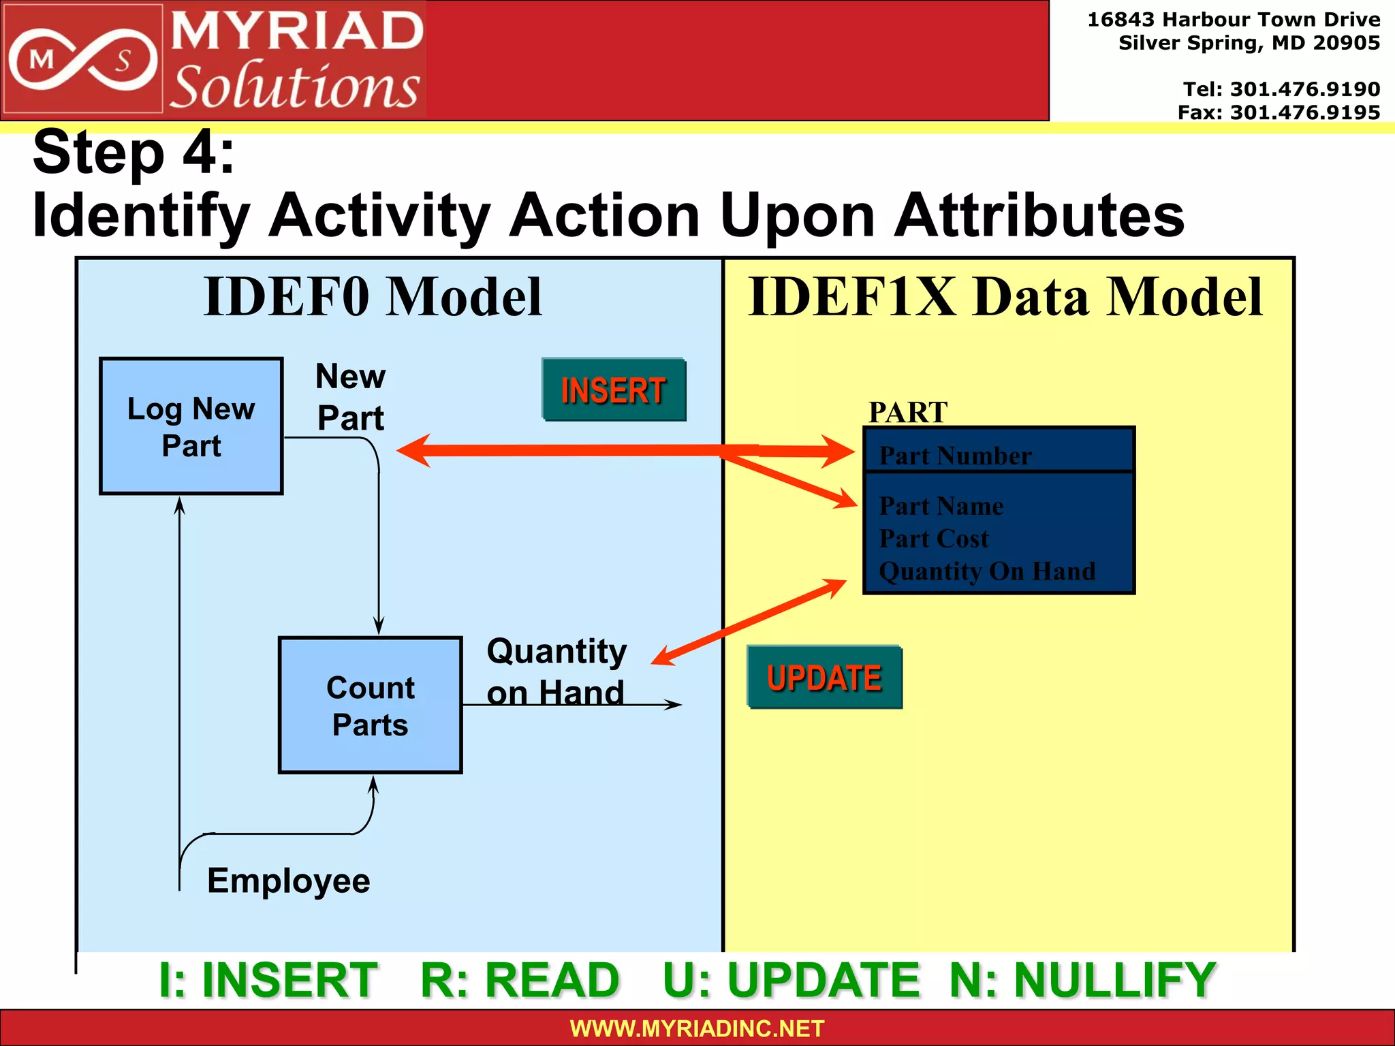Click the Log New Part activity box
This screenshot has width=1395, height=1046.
click(191, 426)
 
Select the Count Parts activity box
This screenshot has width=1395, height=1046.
click(370, 706)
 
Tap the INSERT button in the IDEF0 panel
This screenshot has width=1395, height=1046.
click(614, 390)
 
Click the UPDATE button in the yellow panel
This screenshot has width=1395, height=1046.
click(824, 678)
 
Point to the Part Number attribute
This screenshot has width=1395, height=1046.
click(955, 456)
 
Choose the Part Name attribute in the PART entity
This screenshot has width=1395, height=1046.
click(941, 506)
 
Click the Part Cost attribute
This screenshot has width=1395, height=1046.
click(933, 539)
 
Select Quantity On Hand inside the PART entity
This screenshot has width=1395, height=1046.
click(987, 571)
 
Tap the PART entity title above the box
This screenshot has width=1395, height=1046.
click(907, 412)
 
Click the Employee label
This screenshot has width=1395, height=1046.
click(288, 881)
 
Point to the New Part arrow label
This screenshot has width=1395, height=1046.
click(351, 397)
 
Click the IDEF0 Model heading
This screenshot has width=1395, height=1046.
click(373, 297)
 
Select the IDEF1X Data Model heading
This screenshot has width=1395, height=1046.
click(1005, 297)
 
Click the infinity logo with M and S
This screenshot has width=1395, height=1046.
click(82, 60)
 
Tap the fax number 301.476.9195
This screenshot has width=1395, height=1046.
click(1304, 112)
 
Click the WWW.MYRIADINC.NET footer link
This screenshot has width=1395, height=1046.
click(697, 1028)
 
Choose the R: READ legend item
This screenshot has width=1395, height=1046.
click(520, 980)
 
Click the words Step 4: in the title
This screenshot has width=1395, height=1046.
click(134, 153)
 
